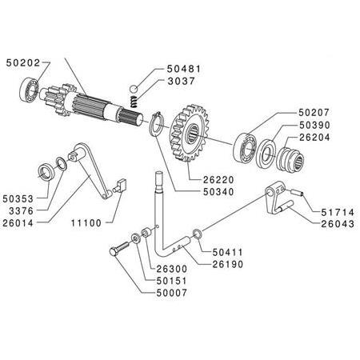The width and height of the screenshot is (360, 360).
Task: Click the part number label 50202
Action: [23, 63]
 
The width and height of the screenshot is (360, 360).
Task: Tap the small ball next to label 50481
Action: [134, 89]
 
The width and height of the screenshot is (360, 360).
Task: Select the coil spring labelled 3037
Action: [134, 102]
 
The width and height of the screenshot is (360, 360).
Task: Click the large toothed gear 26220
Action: [189, 133]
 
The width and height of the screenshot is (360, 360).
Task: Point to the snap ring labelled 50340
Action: [155, 125]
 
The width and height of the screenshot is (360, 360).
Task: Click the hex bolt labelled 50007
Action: [118, 248]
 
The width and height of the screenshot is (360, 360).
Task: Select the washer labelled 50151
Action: [135, 238]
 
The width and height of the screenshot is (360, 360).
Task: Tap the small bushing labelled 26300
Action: [147, 233]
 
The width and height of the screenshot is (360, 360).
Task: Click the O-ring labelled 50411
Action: [198, 234]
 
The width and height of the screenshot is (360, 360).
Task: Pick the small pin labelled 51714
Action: [297, 192]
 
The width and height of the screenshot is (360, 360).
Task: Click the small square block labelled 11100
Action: [119, 185]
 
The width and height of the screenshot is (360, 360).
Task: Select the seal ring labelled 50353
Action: [47, 172]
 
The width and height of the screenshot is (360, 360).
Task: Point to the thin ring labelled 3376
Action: [62, 163]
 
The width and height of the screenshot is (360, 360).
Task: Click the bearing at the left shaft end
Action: [29, 89]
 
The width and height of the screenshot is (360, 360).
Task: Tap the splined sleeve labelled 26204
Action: [290, 159]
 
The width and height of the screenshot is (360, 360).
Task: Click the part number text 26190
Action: [228, 264]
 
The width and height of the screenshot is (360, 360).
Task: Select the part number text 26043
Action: [338, 224]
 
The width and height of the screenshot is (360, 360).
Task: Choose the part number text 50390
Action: [314, 125]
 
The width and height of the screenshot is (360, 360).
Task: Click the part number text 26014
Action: [18, 223]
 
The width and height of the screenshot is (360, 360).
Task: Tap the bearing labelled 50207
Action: [244, 147]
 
